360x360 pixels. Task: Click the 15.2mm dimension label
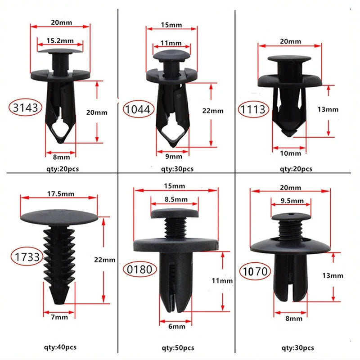point(59,40)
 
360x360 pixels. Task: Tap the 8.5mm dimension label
point(175,199)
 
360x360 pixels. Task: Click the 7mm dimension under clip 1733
point(58,317)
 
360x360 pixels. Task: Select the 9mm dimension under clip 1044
point(173,156)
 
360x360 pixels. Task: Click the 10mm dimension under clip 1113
point(290,153)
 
